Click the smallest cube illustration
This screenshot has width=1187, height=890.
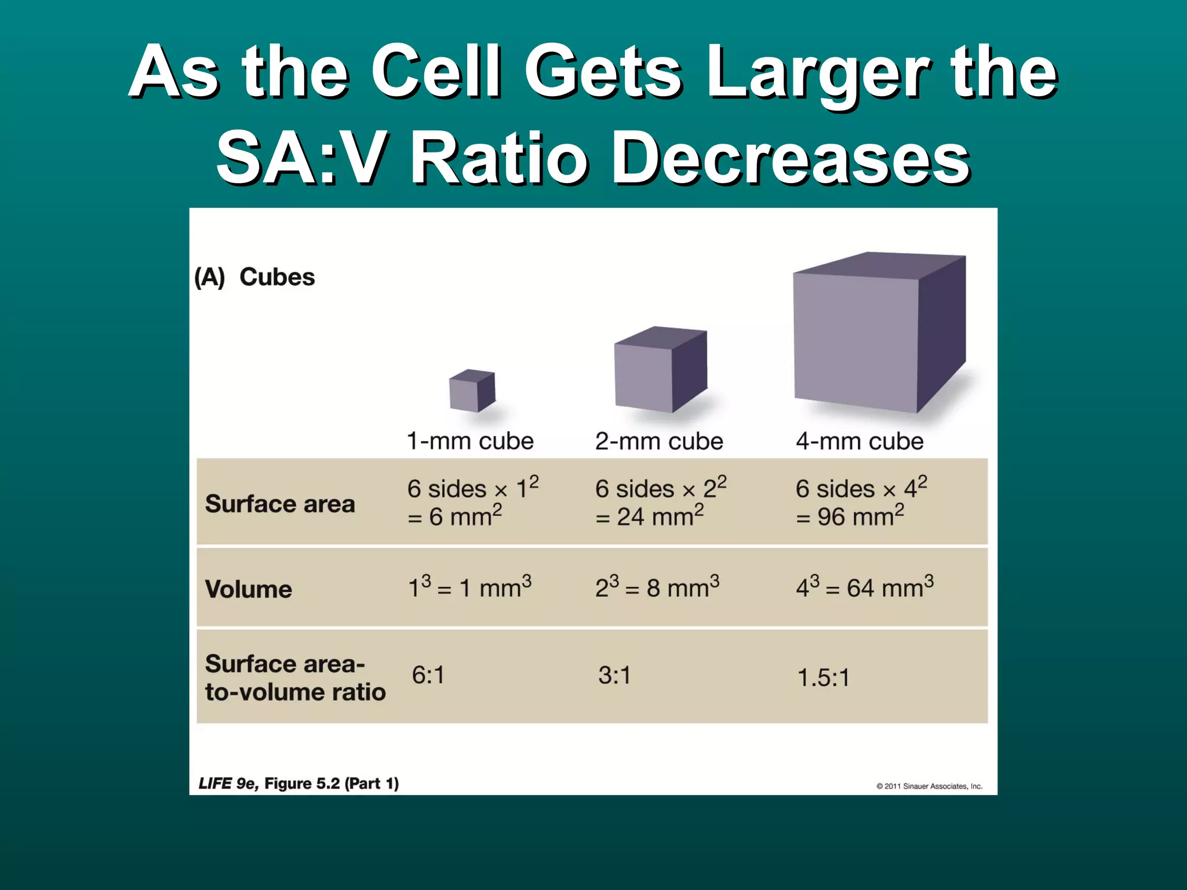point(472,391)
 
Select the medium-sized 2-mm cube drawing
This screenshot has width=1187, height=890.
point(660,370)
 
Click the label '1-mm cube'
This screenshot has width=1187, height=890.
point(469,442)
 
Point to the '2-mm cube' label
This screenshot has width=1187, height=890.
point(659,442)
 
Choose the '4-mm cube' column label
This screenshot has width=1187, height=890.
point(860,442)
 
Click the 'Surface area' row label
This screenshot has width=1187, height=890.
point(280,504)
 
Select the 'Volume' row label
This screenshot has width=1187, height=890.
point(249,589)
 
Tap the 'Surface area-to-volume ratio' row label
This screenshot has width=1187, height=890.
point(295,678)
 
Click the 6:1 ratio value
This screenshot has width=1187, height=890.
point(428,676)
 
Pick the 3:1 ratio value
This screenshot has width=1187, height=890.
point(615,676)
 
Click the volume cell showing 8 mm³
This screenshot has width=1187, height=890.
point(657,588)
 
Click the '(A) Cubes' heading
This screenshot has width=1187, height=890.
point(255,277)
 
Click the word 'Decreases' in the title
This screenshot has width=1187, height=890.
point(791,158)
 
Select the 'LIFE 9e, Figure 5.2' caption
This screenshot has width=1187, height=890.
point(298,783)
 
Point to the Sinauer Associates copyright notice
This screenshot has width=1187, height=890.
point(929,786)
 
